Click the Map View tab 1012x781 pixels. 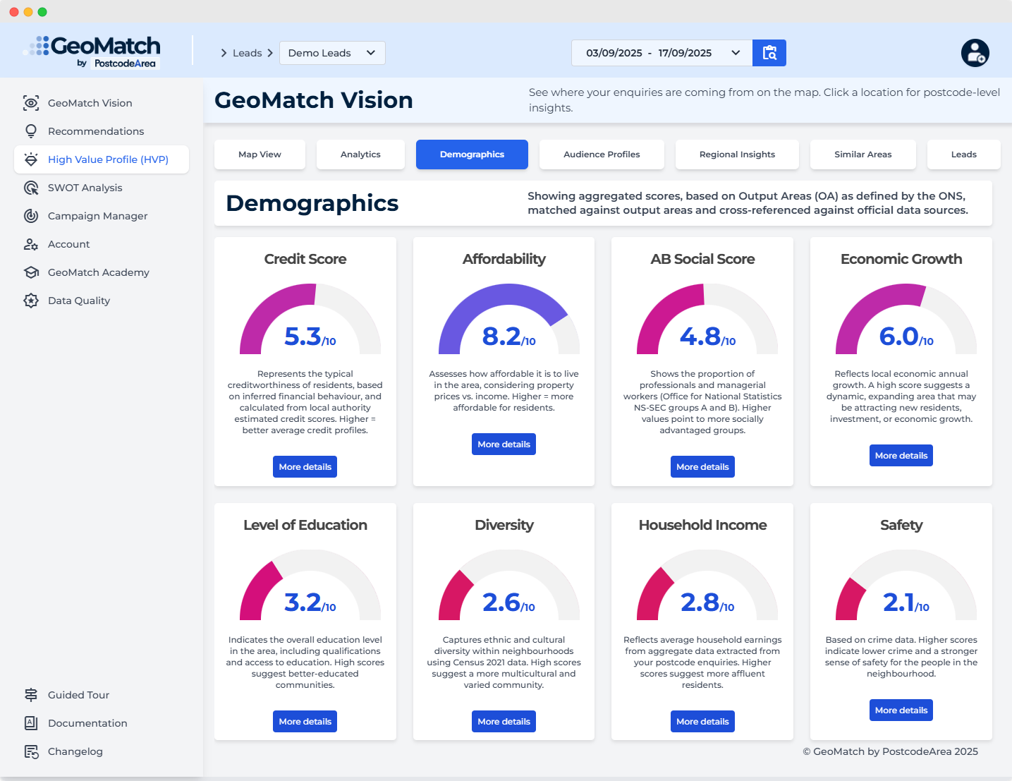(260, 155)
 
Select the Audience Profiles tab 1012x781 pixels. (602, 155)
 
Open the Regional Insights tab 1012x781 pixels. (737, 155)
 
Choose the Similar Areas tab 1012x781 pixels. (862, 155)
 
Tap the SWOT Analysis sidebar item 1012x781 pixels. (85, 188)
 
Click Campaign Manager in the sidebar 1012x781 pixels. (97, 216)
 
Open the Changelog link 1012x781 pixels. (75, 751)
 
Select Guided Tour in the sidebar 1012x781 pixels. (78, 695)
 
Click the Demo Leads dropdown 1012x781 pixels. (332, 53)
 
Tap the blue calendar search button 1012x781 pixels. (769, 53)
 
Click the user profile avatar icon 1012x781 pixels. (975, 53)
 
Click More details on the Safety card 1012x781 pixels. (901, 710)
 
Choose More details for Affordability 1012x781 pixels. (504, 444)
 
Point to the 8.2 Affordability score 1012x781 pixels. (502, 337)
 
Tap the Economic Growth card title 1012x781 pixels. (901, 259)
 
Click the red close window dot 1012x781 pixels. (14, 12)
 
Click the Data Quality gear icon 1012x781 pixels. (31, 301)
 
